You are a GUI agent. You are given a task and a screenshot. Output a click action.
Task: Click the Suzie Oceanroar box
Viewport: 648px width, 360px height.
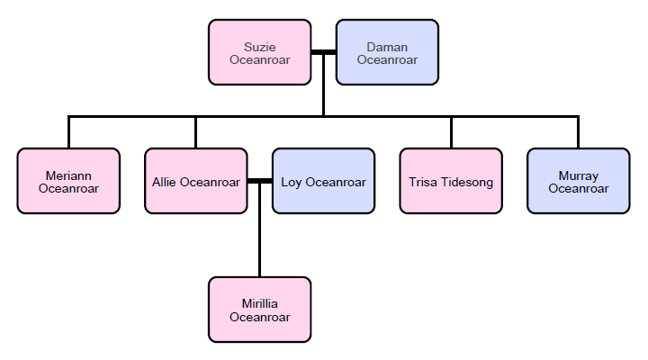tap(259, 53)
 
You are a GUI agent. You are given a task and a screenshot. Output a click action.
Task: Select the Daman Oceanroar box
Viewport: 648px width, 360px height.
tap(387, 53)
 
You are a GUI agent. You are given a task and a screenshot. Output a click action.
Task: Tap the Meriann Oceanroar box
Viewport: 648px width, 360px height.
tap(68, 181)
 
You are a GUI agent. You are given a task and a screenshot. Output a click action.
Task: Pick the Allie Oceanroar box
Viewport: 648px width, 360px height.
tap(195, 181)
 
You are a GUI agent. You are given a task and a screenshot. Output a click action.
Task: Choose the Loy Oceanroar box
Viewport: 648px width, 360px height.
tap(323, 181)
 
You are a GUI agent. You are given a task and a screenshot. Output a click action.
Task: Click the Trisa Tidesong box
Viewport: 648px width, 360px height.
tap(451, 181)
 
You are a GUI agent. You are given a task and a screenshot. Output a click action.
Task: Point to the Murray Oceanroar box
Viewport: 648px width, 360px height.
tap(578, 181)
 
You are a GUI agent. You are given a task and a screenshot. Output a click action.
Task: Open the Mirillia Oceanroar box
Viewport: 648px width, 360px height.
tap(259, 310)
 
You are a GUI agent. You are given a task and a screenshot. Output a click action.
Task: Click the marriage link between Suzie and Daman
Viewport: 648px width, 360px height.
tap(323, 53)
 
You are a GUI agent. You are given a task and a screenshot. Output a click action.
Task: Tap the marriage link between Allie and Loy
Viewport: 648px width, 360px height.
tap(259, 181)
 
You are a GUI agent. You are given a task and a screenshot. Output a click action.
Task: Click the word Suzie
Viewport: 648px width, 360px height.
tap(259, 47)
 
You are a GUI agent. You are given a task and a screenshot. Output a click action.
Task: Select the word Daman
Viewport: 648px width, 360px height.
tap(387, 47)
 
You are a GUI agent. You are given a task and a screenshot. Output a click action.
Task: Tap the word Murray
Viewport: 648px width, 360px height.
tap(578, 175)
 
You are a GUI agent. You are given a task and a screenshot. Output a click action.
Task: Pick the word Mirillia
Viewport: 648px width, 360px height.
tap(259, 303)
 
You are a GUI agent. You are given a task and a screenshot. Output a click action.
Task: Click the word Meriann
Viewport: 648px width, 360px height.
tap(68, 175)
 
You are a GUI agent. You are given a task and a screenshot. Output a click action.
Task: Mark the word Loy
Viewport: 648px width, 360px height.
tap(292, 182)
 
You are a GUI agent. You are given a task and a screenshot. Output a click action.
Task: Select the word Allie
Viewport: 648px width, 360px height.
tap(165, 182)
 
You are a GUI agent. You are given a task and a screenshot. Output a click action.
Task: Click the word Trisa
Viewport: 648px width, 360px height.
tap(423, 182)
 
